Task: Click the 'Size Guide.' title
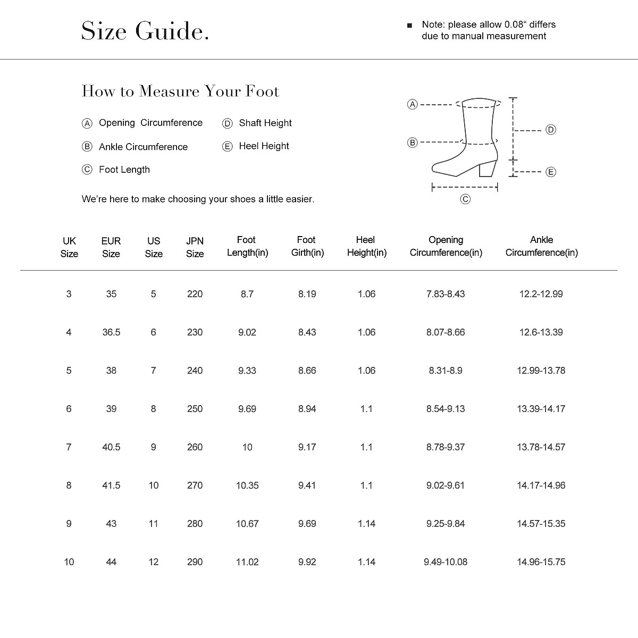[145, 31]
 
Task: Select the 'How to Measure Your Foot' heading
[180, 91]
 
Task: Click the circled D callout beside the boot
[551, 130]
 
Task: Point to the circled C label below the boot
[465, 199]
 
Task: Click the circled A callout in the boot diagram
[412, 105]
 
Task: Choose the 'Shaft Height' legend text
[265, 123]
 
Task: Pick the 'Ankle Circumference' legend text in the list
[143, 147]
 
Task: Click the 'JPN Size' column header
[195, 247]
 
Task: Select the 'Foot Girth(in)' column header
[307, 246]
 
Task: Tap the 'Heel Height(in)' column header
[366, 246]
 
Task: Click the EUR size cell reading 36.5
[111, 332]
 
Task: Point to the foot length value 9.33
[247, 371]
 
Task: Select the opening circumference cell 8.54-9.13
[446, 409]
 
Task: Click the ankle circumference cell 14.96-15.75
[541, 562]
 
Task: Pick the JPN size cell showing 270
[195, 485]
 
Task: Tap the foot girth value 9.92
[307, 562]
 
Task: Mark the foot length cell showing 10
[247, 447]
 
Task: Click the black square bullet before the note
[409, 26]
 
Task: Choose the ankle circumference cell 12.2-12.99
[541, 294]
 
